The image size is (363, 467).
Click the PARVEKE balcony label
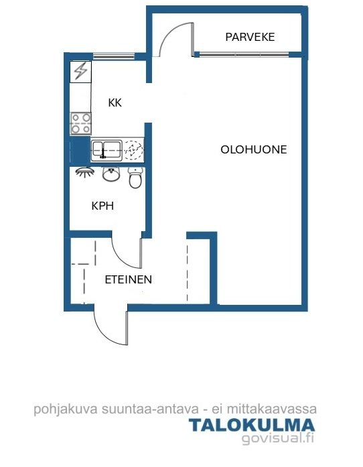pyautogui.click(x=250, y=37)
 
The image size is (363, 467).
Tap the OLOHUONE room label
pyautogui.click(x=254, y=149)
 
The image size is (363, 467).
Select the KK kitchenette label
pyautogui.click(x=115, y=103)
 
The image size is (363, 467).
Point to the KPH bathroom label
pyautogui.click(x=102, y=206)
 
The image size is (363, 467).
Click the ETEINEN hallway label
pyautogui.click(x=129, y=279)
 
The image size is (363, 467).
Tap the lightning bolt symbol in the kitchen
pyautogui.click(x=80, y=72)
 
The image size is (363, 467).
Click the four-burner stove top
pyautogui.click(x=80, y=123)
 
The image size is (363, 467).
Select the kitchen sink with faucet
pyautogui.click(x=106, y=151)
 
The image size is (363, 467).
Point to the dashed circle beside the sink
pyautogui.click(x=133, y=149)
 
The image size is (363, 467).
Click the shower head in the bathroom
pyautogui.click(x=85, y=172)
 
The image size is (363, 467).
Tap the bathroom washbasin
pyautogui.click(x=111, y=174)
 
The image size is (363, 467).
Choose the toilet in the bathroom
pyautogui.click(x=135, y=178)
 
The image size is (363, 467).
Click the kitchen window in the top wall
pyautogui.click(x=113, y=56)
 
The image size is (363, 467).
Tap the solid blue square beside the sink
pyautogui.click(x=80, y=151)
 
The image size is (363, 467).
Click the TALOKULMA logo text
pyautogui.click(x=252, y=425)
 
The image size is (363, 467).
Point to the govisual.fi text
pyautogui.click(x=278, y=438)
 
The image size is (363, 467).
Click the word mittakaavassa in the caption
pyautogui.click(x=271, y=409)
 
